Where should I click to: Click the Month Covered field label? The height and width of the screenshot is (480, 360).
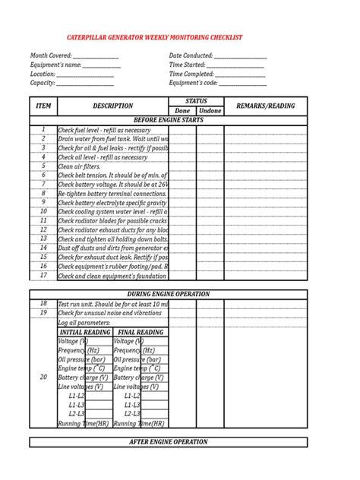(51, 56)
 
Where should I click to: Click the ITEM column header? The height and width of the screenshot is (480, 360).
(44, 106)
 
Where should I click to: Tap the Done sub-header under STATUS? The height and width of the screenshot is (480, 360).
(182, 111)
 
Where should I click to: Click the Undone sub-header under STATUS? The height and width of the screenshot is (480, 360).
(210, 111)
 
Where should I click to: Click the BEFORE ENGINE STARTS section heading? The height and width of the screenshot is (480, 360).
(168, 120)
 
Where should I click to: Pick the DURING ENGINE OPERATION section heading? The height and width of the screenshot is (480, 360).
(169, 294)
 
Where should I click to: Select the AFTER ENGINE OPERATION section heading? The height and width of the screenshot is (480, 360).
(169, 441)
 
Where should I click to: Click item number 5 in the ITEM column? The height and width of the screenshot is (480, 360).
(44, 166)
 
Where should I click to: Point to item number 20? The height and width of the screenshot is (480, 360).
(43, 377)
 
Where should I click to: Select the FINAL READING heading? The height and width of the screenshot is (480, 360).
(141, 333)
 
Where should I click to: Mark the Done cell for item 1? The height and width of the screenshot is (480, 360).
(182, 130)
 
